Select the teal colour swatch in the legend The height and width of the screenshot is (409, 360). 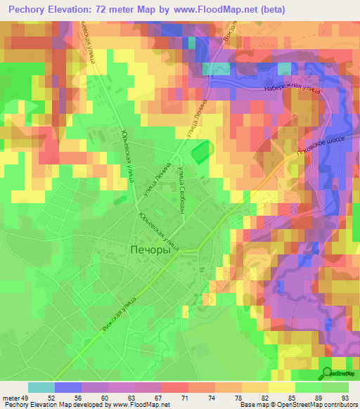point(41,387)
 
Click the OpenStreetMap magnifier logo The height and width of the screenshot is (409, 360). point(326,372)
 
